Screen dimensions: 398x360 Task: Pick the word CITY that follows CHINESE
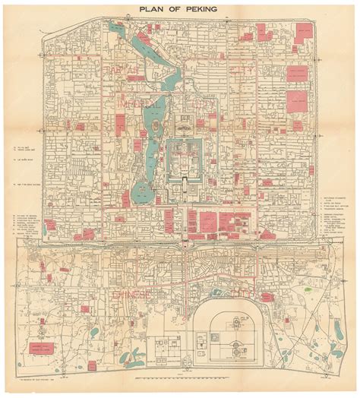pyautogui.click(x=245, y=293)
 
